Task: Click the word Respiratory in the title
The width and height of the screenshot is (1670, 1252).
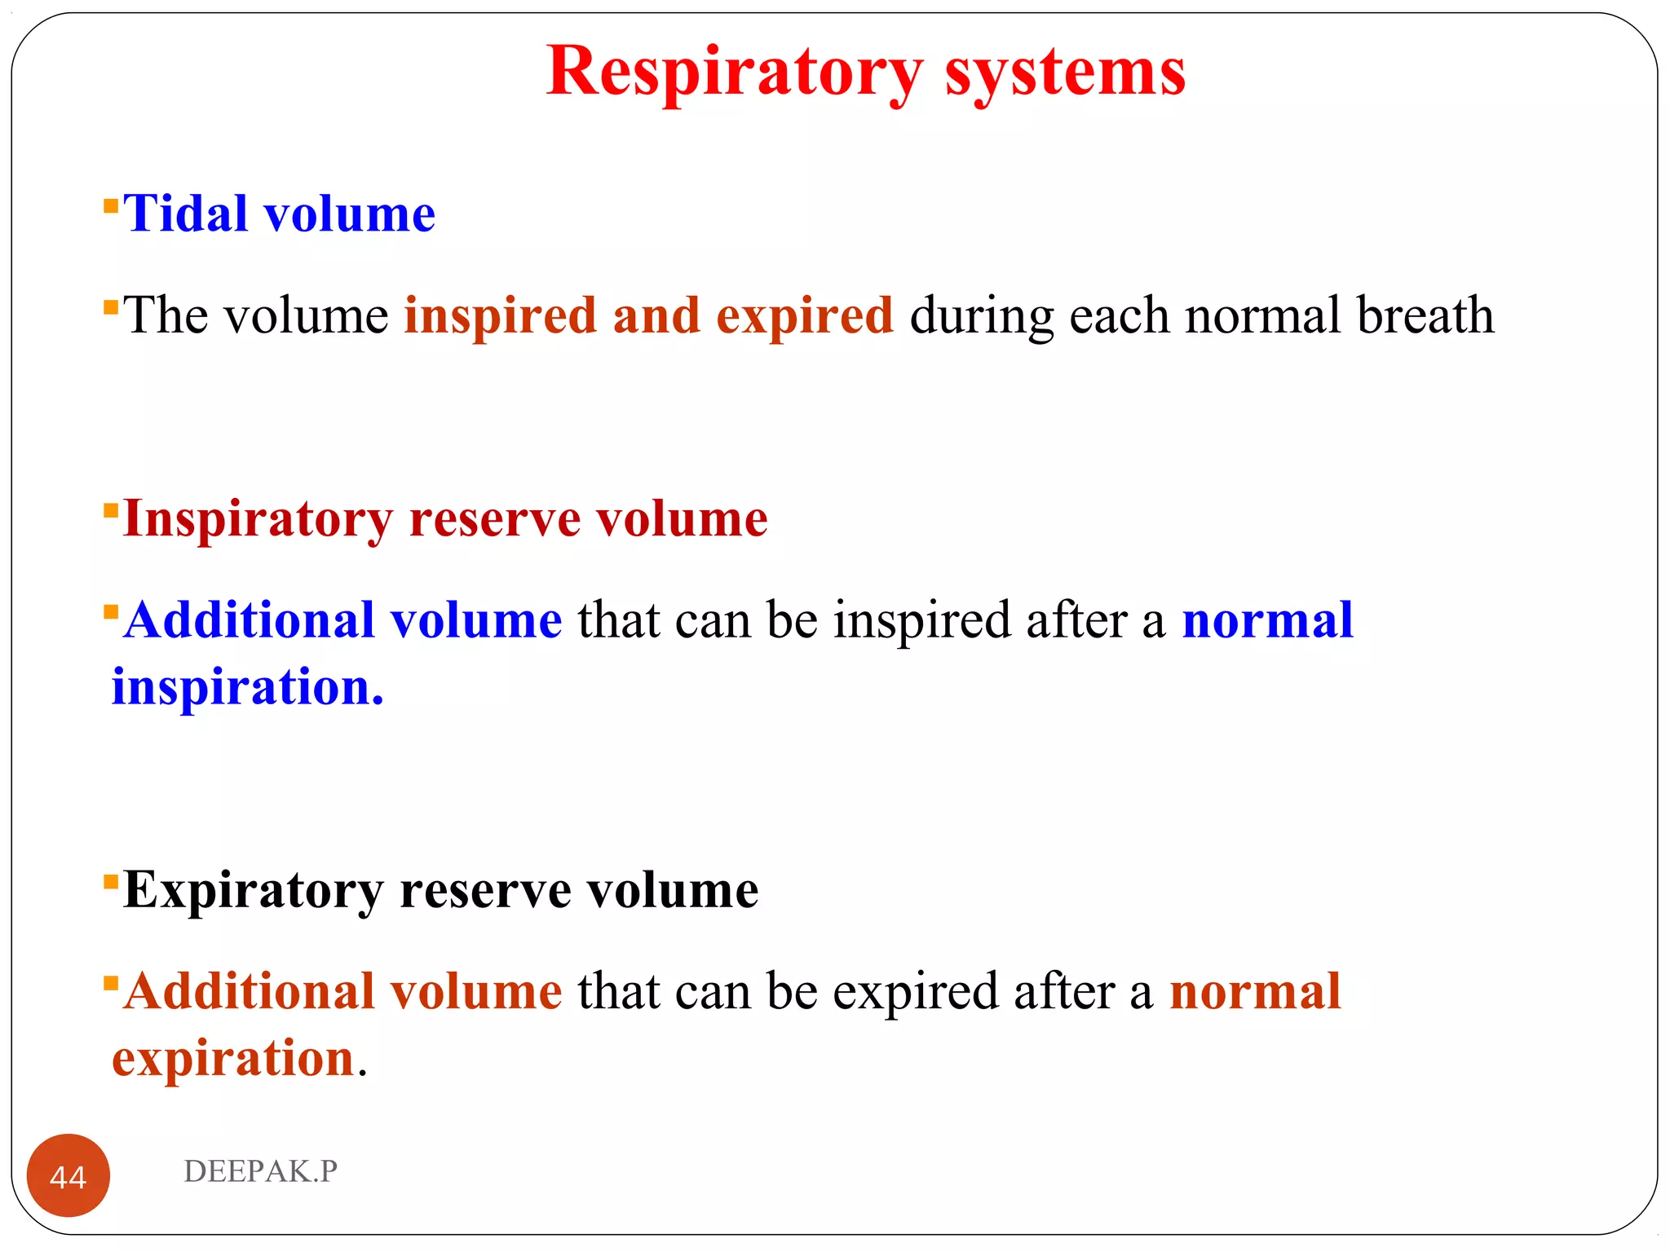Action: tap(734, 73)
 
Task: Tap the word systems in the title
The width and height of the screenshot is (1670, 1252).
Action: tap(1065, 73)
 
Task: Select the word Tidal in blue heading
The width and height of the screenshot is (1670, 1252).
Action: tap(185, 214)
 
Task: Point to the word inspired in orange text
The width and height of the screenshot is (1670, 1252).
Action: tap(501, 316)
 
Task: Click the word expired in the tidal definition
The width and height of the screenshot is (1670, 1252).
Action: tap(804, 316)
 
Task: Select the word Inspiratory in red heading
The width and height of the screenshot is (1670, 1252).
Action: tap(258, 519)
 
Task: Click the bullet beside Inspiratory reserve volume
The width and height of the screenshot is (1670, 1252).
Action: tap(111, 510)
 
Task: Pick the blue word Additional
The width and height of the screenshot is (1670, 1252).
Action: tap(249, 620)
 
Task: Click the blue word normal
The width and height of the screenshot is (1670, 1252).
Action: tap(1267, 620)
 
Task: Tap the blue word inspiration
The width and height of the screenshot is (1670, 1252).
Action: tap(247, 687)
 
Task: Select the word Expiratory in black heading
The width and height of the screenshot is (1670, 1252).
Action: tap(253, 890)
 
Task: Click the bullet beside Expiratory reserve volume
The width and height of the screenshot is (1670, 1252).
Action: tap(111, 881)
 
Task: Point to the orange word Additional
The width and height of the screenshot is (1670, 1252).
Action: tap(249, 992)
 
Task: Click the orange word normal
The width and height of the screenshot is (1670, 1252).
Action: tap(1255, 992)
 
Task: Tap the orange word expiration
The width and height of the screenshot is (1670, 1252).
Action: tap(233, 1059)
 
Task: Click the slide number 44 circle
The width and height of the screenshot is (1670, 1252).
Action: tap(68, 1175)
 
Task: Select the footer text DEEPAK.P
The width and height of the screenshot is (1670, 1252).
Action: tap(260, 1171)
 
